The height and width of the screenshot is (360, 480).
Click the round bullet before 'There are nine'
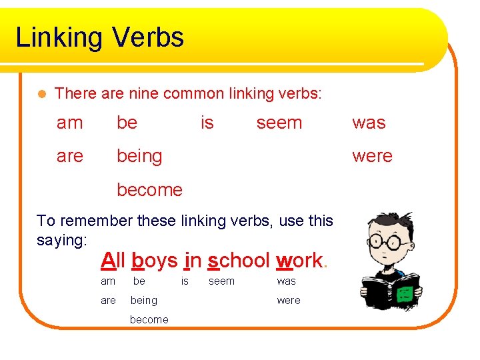click(x=42, y=94)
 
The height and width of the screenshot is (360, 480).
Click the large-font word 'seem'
click(x=279, y=123)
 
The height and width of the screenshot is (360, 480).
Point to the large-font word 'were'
click(x=372, y=156)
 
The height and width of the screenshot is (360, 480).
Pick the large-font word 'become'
click(x=149, y=190)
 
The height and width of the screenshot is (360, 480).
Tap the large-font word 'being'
click(x=139, y=157)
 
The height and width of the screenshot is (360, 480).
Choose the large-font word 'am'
click(x=70, y=123)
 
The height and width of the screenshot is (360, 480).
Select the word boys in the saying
click(x=155, y=260)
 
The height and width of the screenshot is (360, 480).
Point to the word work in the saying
click(x=299, y=260)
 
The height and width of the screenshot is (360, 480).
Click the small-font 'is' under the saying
click(x=185, y=281)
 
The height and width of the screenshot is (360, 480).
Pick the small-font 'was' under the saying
click(x=286, y=281)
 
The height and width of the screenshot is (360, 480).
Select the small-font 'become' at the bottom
click(x=149, y=319)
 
